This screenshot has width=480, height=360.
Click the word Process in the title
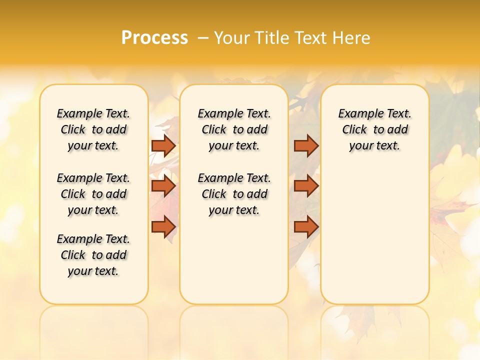(x=154, y=37)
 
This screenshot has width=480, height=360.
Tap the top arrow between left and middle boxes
(x=163, y=145)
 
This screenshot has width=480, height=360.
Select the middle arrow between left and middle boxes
(x=163, y=186)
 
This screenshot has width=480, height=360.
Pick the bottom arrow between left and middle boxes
(x=163, y=227)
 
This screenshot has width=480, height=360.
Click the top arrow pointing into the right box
(x=306, y=145)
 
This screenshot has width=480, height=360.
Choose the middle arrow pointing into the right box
(x=306, y=186)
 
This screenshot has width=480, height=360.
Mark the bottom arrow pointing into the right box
(x=306, y=227)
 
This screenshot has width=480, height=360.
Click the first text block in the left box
(x=93, y=129)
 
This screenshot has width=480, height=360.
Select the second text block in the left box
(x=93, y=194)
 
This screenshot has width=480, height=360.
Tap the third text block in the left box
(x=93, y=255)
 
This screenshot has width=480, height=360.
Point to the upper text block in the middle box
(x=234, y=129)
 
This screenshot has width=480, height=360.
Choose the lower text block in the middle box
(x=234, y=194)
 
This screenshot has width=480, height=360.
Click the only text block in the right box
(x=374, y=129)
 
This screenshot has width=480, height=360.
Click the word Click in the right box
(x=354, y=130)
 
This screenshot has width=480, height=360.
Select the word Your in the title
(x=232, y=38)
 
